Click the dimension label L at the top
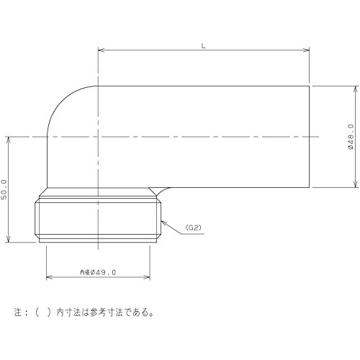click(203, 46)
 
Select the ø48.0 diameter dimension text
click(351, 137)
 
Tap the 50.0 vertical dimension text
click(4, 189)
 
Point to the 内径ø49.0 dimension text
click(98, 272)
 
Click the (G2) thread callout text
click(194, 228)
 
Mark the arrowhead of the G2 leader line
click(164, 223)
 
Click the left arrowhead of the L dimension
click(101, 50)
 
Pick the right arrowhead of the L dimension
click(307, 50)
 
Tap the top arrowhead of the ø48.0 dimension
click(356, 89)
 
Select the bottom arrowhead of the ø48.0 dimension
click(356, 184)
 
